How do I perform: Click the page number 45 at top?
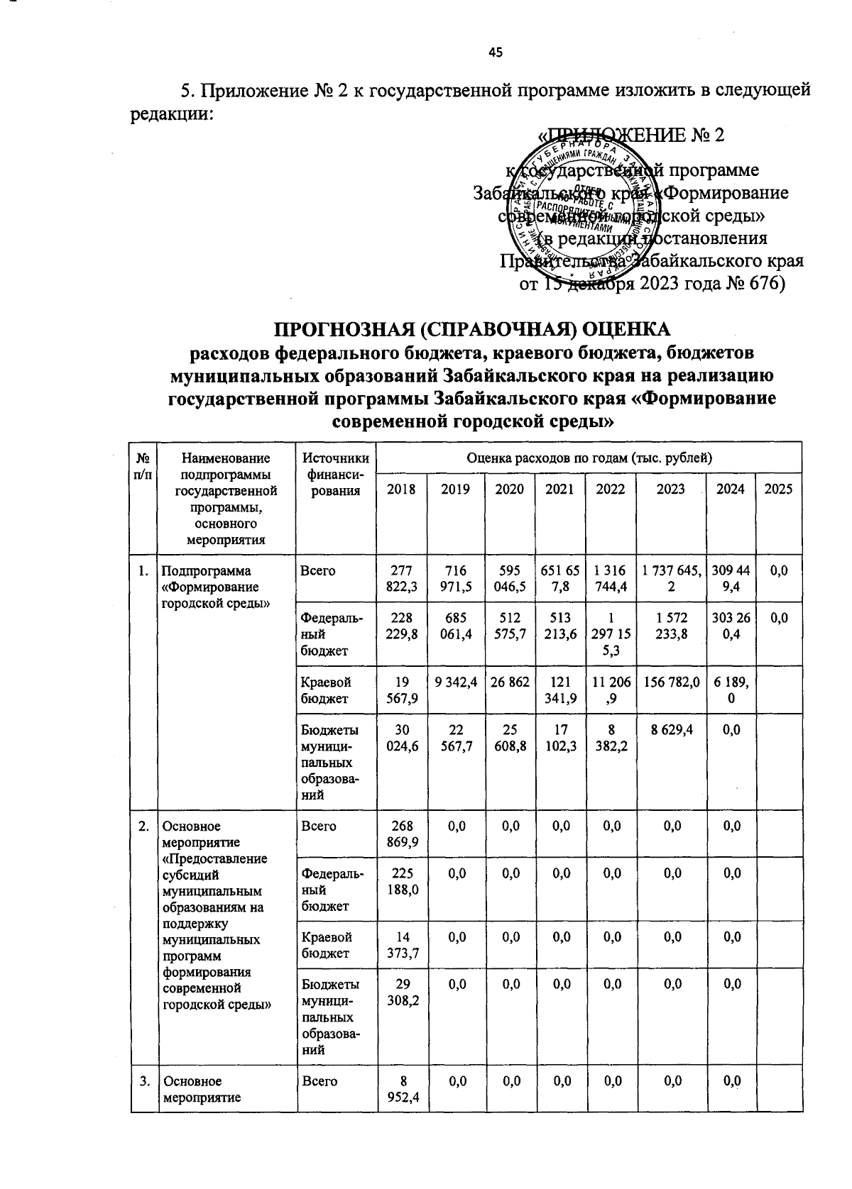click(495, 51)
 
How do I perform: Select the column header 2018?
click(401, 489)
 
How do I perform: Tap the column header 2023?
click(671, 489)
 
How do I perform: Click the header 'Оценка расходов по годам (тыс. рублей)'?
click(589, 458)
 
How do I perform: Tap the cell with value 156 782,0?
click(671, 682)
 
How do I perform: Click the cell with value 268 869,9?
click(401, 834)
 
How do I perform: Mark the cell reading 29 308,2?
click(401, 992)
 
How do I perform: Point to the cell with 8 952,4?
click(401, 1090)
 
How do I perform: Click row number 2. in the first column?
click(143, 826)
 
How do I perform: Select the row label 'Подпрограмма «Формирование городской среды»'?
click(212, 587)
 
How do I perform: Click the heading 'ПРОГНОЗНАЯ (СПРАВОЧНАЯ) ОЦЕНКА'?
click(471, 330)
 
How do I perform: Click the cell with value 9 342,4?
click(455, 682)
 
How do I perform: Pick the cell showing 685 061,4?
click(455, 626)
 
